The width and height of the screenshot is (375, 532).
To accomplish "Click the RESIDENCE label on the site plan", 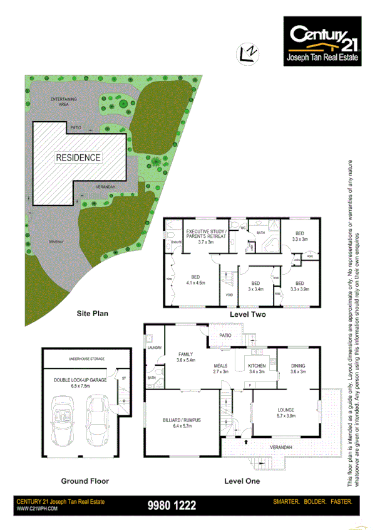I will (78, 157).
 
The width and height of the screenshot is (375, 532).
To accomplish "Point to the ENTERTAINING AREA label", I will (64, 102).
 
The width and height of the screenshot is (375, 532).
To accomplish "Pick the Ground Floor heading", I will (85, 481).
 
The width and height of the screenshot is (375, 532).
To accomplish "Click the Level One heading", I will (242, 481).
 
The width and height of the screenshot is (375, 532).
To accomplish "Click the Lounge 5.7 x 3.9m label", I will (285, 413).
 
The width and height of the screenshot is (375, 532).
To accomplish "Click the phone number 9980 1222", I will (171, 505).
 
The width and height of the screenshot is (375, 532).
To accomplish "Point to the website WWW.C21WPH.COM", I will (37, 509).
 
